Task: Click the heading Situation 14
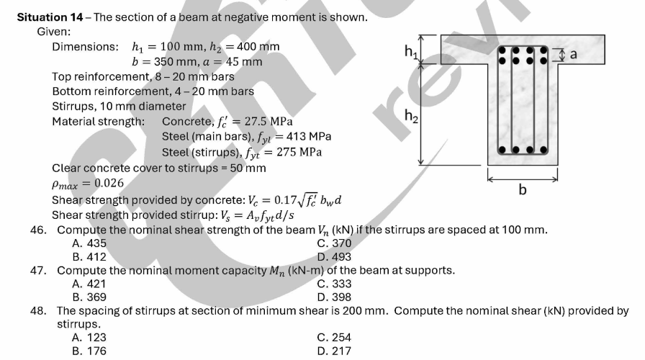click(x=50, y=17)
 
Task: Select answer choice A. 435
click(x=89, y=243)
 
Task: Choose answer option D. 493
click(x=334, y=257)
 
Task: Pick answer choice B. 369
click(x=89, y=297)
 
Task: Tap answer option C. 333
click(x=334, y=284)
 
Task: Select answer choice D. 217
click(x=334, y=351)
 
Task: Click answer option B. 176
click(x=89, y=351)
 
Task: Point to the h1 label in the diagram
click(x=411, y=52)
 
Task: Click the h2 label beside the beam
click(x=411, y=116)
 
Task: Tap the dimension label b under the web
click(x=523, y=189)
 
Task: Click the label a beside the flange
click(x=574, y=54)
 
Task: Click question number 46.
click(x=38, y=230)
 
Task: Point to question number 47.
click(x=38, y=270)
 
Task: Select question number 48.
click(x=38, y=310)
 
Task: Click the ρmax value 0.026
click(x=109, y=183)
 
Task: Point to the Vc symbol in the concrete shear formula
click(x=252, y=200)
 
